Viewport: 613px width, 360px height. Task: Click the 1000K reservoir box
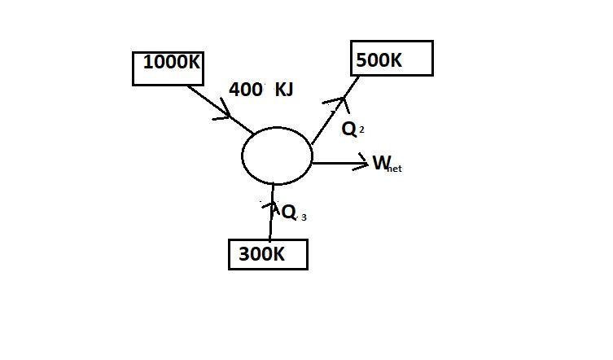click(168, 68)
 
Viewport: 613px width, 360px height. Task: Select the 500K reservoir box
click(392, 59)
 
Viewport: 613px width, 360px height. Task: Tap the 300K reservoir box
click(268, 254)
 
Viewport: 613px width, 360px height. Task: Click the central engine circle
click(277, 156)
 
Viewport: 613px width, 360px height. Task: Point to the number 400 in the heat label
click(245, 90)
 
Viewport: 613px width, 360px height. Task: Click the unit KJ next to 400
click(284, 90)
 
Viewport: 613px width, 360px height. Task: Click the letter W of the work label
click(381, 163)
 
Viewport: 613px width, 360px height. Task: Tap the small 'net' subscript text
click(395, 169)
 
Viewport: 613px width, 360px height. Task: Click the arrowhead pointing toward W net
click(363, 164)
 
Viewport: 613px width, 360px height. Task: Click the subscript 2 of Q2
click(361, 130)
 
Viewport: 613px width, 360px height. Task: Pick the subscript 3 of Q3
click(304, 217)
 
